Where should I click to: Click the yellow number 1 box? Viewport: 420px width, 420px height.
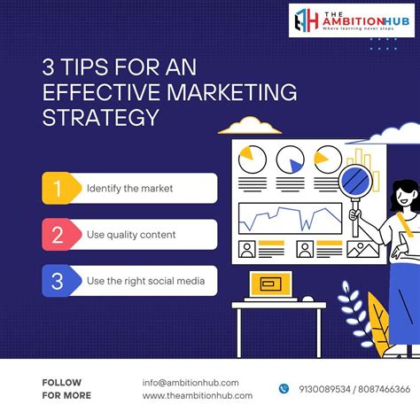(x=57, y=188)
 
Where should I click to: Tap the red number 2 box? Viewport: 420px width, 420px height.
(x=57, y=235)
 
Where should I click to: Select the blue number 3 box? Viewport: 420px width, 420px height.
(x=57, y=282)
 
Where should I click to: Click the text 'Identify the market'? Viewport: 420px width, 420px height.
(x=130, y=188)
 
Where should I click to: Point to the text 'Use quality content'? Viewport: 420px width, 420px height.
(x=131, y=235)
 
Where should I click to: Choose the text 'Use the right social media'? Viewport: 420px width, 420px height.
(x=145, y=282)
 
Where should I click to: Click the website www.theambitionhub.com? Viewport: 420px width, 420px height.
(x=197, y=395)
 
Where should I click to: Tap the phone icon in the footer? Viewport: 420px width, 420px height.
(x=284, y=388)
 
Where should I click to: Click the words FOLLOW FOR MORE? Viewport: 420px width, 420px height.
(x=66, y=389)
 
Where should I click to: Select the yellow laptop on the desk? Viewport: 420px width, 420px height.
(x=267, y=284)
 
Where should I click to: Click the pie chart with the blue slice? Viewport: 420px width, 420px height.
(x=291, y=159)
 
